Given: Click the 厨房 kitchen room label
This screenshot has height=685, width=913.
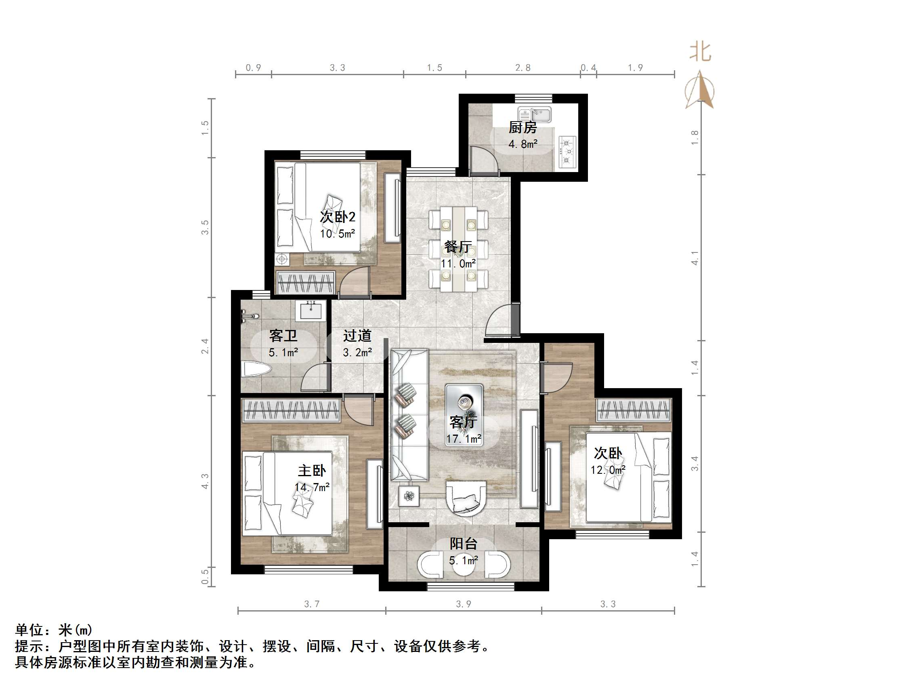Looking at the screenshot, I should tap(523, 128).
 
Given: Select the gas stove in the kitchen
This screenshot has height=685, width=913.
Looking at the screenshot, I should tap(567, 151).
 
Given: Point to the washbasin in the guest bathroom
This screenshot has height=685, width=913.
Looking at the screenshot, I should tap(311, 310).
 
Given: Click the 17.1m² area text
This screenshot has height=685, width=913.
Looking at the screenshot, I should tap(464, 439).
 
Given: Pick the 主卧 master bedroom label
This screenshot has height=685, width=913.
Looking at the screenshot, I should tap(312, 470).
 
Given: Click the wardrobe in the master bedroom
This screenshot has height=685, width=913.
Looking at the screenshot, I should tap(291, 410).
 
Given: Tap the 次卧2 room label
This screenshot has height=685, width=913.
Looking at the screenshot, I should tap(338, 217).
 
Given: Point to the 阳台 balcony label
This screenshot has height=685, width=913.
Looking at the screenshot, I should tap(464, 543).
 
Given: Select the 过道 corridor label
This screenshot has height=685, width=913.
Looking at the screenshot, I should tap(357, 336).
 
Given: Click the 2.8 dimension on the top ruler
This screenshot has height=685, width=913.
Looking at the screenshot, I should tap(523, 68).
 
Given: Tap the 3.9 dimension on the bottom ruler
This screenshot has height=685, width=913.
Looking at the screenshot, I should tap(463, 604).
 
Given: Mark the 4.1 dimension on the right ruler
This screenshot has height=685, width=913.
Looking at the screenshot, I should tap(695, 258).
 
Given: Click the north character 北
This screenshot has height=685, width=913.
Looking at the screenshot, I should tap(700, 53).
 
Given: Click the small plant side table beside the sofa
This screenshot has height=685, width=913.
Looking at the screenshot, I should tap(409, 496).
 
